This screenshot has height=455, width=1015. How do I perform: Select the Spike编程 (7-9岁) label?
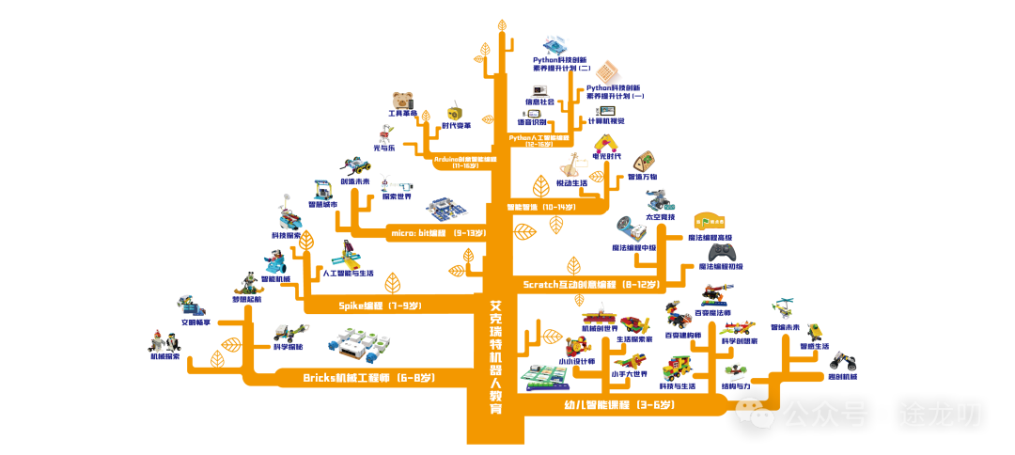(x=380, y=306)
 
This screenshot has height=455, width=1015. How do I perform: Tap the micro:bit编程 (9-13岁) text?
(x=437, y=232)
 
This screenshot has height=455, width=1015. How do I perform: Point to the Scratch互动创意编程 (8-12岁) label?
(x=591, y=284)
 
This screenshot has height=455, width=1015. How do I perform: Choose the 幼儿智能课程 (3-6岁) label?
(x=618, y=405)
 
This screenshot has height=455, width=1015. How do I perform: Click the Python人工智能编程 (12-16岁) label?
(x=539, y=140)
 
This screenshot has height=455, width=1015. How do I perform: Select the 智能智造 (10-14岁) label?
(x=540, y=207)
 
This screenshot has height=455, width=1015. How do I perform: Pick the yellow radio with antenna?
(x=456, y=113)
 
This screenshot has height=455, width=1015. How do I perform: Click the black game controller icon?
(x=722, y=252)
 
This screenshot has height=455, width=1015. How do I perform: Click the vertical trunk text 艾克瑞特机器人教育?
(x=495, y=357)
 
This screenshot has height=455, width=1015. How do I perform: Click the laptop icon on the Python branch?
(x=539, y=92)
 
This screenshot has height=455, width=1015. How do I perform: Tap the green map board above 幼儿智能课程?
(x=543, y=376)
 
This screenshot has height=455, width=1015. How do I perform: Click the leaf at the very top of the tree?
(x=502, y=26)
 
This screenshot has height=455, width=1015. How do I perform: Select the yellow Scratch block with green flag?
(x=710, y=222)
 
